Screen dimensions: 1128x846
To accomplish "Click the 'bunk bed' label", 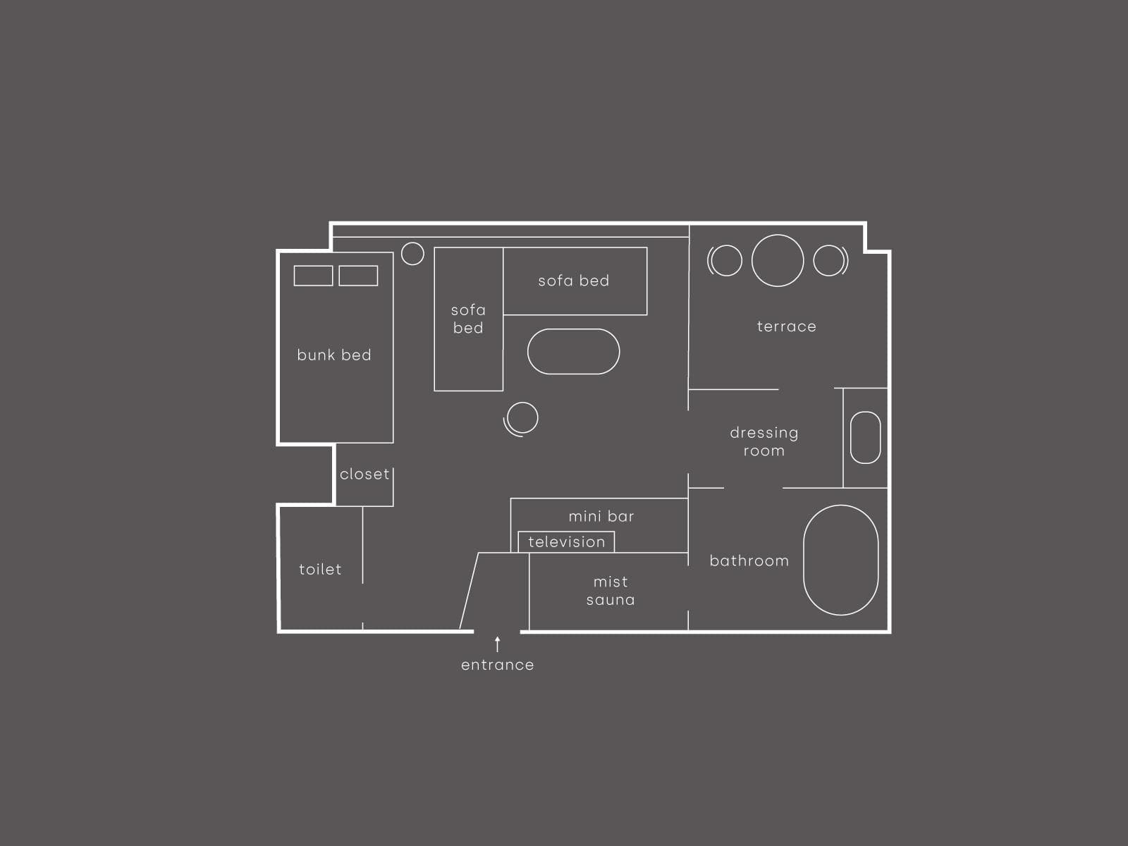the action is point(334,355).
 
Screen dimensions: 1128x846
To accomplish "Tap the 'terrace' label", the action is point(786,326).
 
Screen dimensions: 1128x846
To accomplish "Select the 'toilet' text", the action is point(320,569).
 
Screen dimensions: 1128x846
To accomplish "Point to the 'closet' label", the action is point(364,474).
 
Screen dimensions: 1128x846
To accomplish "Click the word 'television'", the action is point(566,542).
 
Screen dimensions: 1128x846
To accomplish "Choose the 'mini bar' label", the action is point(601,516).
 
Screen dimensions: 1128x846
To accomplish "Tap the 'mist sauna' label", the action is point(611,591).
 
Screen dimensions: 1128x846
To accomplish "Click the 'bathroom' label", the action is point(749,561).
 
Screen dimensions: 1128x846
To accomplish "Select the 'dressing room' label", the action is point(764,442).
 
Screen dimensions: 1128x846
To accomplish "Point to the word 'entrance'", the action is point(498,666).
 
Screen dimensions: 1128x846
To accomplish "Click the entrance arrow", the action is point(498,644).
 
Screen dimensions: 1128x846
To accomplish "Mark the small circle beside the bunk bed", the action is point(412,243).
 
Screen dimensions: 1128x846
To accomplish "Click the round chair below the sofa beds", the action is point(522,403).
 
